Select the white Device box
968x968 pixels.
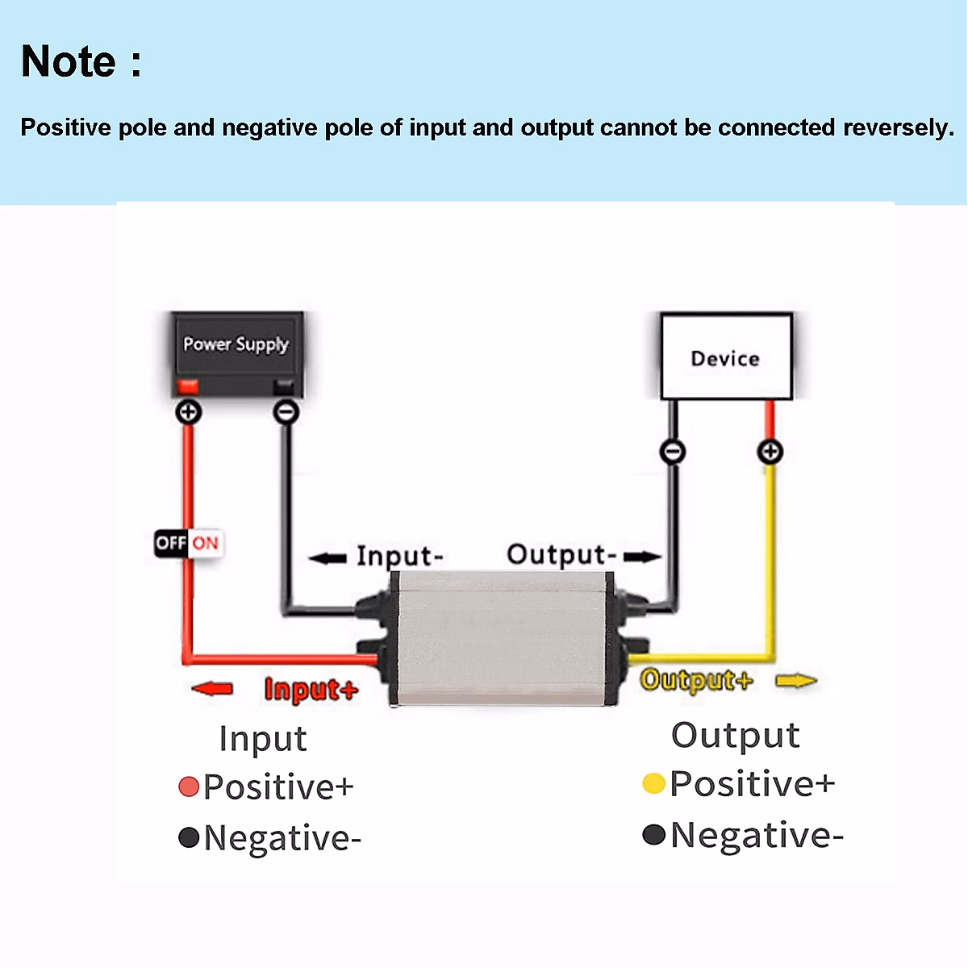pyautogui.click(x=725, y=357)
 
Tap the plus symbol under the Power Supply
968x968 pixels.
pyautogui.click(x=189, y=412)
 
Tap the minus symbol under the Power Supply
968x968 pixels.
pyautogui.click(x=286, y=412)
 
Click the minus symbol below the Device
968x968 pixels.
pyautogui.click(x=673, y=451)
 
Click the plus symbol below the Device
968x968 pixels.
pyautogui.click(x=770, y=451)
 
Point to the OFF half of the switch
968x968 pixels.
pyautogui.click(x=170, y=543)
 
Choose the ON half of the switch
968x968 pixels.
pyautogui.click(x=205, y=543)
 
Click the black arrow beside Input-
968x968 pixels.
pyautogui.click(x=328, y=557)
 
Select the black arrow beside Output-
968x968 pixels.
pyautogui.click(x=642, y=556)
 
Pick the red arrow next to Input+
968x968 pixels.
pyautogui.click(x=212, y=688)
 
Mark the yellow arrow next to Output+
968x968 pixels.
pyautogui.click(x=795, y=682)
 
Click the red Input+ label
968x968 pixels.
pyautogui.click(x=311, y=690)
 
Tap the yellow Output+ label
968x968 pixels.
pyautogui.click(x=695, y=680)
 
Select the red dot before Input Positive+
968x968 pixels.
pyautogui.click(x=189, y=786)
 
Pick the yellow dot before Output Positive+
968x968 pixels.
pyautogui.click(x=653, y=783)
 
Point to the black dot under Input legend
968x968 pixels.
pyautogui.click(x=189, y=837)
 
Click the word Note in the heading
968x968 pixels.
pyautogui.click(x=69, y=61)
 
